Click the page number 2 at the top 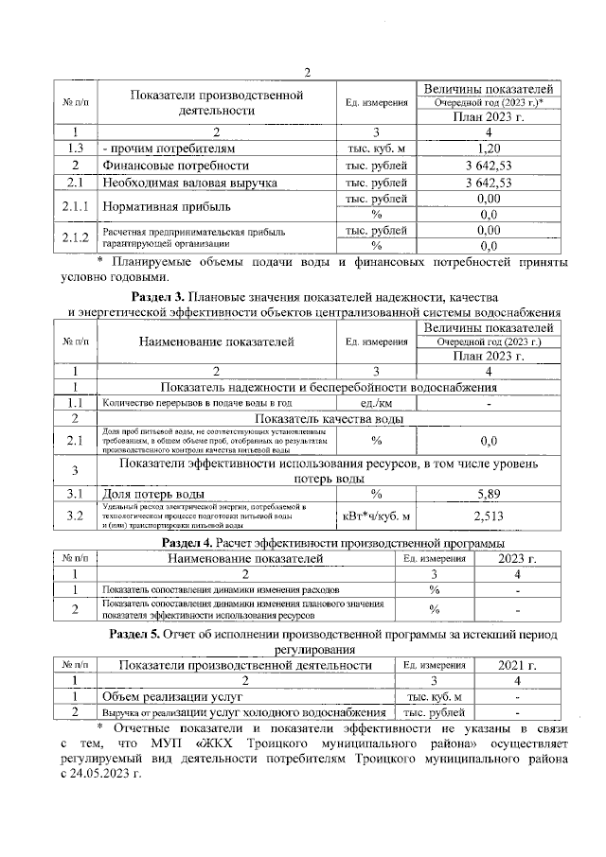click(306, 74)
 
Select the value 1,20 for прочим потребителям click(488, 149)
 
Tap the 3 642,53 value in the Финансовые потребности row click(488, 166)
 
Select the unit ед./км click(376, 404)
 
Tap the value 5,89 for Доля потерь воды click(488, 494)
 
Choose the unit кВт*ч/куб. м click(376, 516)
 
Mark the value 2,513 click(488, 516)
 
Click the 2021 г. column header click(517, 665)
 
